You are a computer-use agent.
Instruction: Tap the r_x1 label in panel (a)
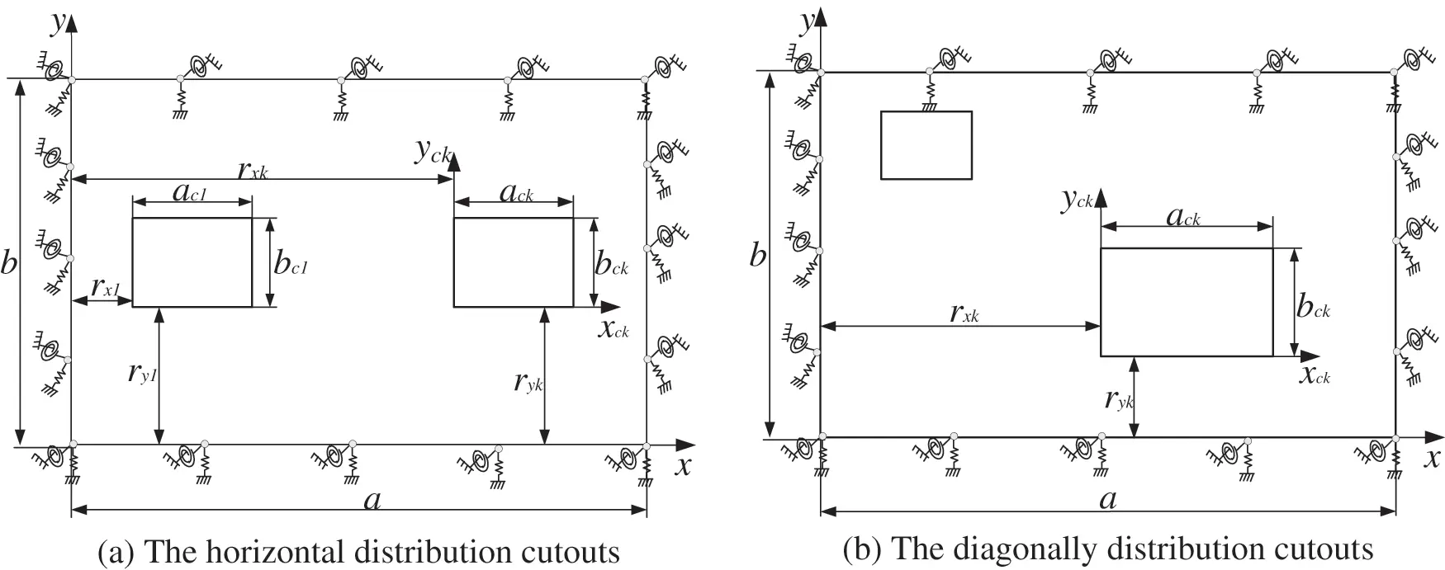pos(106,288)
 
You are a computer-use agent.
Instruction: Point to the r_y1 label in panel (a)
pos(142,374)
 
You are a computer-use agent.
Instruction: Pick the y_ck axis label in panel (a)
pos(433,151)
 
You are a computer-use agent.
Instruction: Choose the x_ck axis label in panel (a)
pos(613,328)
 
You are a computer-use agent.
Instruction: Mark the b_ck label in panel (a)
pos(612,265)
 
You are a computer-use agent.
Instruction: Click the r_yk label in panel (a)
pos(528,381)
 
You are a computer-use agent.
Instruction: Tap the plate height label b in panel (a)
pos(9,265)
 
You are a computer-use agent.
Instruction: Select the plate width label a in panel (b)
pos(1107,498)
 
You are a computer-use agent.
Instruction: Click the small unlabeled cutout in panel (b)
pos(926,145)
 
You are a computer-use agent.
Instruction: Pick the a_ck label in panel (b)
pos(1182,216)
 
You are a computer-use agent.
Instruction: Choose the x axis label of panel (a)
pos(682,466)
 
